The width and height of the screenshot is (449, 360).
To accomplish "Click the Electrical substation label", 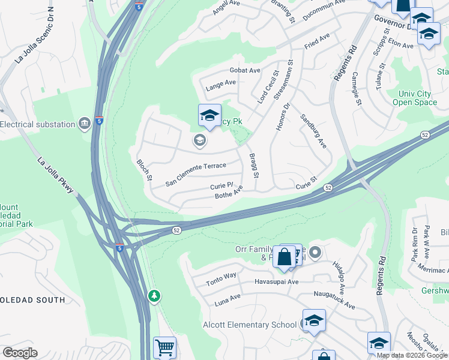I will (x=37, y=125).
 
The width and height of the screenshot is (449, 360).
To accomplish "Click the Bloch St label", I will (x=145, y=171).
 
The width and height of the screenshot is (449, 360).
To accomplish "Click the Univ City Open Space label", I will (x=418, y=98).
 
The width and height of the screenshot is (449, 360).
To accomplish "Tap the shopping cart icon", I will (x=164, y=347).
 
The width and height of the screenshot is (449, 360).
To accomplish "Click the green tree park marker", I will (x=155, y=296).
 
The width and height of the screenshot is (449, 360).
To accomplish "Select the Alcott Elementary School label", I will (x=251, y=325).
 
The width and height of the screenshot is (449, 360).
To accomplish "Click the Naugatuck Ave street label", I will (x=334, y=297).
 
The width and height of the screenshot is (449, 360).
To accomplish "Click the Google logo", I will (x=20, y=353).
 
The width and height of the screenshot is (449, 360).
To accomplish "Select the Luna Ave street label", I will (x=228, y=299).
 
